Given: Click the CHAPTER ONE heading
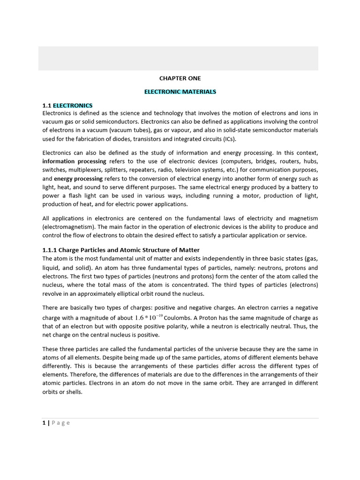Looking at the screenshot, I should pyautogui.click(x=180, y=78).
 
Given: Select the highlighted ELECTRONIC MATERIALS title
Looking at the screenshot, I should pyautogui.click(x=180, y=92).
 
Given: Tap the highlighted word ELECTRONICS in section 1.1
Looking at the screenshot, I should pyautogui.click(x=73, y=105).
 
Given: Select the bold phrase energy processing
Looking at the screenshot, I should pyautogui.click(x=78, y=179).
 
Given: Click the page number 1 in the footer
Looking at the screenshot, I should pyautogui.click(x=44, y=423).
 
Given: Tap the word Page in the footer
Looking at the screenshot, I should pyautogui.click(x=61, y=423).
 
